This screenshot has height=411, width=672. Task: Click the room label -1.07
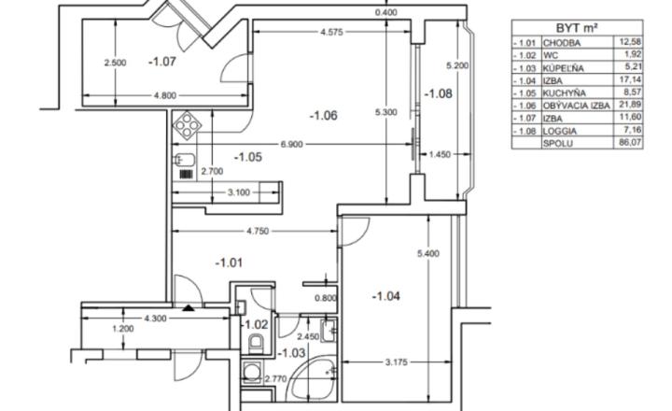162,62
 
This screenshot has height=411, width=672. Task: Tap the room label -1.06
323,115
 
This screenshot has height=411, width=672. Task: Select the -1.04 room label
386,296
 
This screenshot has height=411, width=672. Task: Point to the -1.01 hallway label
229,262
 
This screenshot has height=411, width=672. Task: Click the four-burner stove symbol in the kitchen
188,125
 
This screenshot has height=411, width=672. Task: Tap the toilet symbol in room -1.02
257,343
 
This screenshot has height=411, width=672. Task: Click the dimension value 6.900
291,144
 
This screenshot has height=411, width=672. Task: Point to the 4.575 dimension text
331,32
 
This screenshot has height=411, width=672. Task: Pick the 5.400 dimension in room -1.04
428,253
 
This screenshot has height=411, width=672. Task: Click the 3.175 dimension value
397,362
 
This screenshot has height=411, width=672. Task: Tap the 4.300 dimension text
155,319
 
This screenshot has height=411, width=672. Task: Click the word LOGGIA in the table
560,132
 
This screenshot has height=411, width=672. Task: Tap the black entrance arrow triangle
187,307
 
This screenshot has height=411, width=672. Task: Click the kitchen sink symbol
184,160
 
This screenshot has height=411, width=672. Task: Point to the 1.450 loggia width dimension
441,154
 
